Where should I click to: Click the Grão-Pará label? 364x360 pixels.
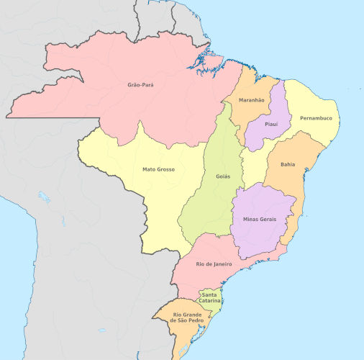141,85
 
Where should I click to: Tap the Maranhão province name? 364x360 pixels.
252,100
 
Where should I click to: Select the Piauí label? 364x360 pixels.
271,124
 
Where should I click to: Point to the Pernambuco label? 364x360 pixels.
316,118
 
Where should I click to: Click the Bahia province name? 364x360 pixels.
288,164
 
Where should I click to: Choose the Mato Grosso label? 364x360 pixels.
159,170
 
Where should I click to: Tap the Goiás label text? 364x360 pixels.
224,176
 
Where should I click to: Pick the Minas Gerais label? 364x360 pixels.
259,219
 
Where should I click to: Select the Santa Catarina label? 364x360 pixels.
210,297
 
